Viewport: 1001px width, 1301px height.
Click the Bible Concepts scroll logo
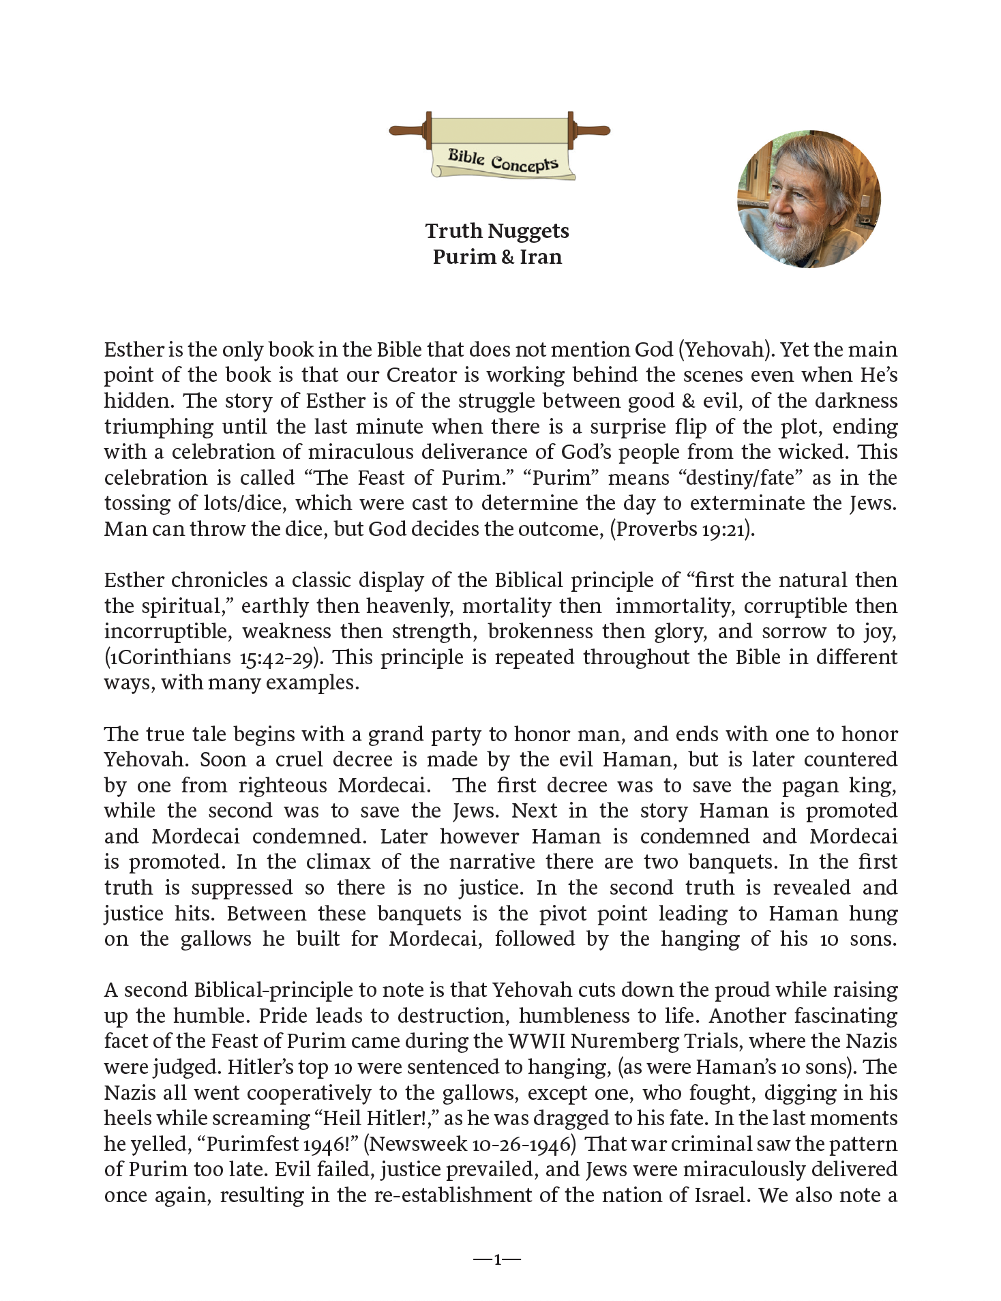coord(500,146)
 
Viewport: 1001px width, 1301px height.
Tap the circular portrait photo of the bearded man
coord(809,198)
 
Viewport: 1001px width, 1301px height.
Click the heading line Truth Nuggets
coord(497,231)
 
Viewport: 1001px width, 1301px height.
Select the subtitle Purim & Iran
coord(497,257)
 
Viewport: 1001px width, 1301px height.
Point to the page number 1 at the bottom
coord(497,1259)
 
